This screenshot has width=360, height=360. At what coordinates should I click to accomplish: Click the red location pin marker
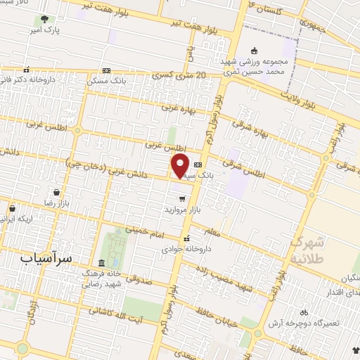(181, 165)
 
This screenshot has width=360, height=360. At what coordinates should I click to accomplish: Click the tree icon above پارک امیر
(45, 20)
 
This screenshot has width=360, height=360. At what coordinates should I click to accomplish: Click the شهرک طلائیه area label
(307, 250)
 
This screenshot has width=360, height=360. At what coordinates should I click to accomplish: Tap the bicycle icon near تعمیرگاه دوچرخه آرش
(304, 311)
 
